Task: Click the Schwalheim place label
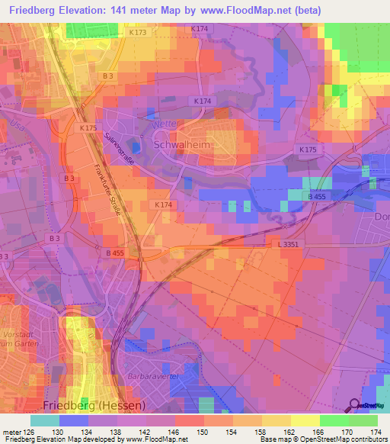[x=182, y=145]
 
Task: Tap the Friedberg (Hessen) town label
[x=93, y=405]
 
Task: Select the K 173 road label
[x=137, y=34]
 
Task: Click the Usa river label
[x=11, y=123]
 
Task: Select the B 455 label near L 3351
[x=115, y=253]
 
